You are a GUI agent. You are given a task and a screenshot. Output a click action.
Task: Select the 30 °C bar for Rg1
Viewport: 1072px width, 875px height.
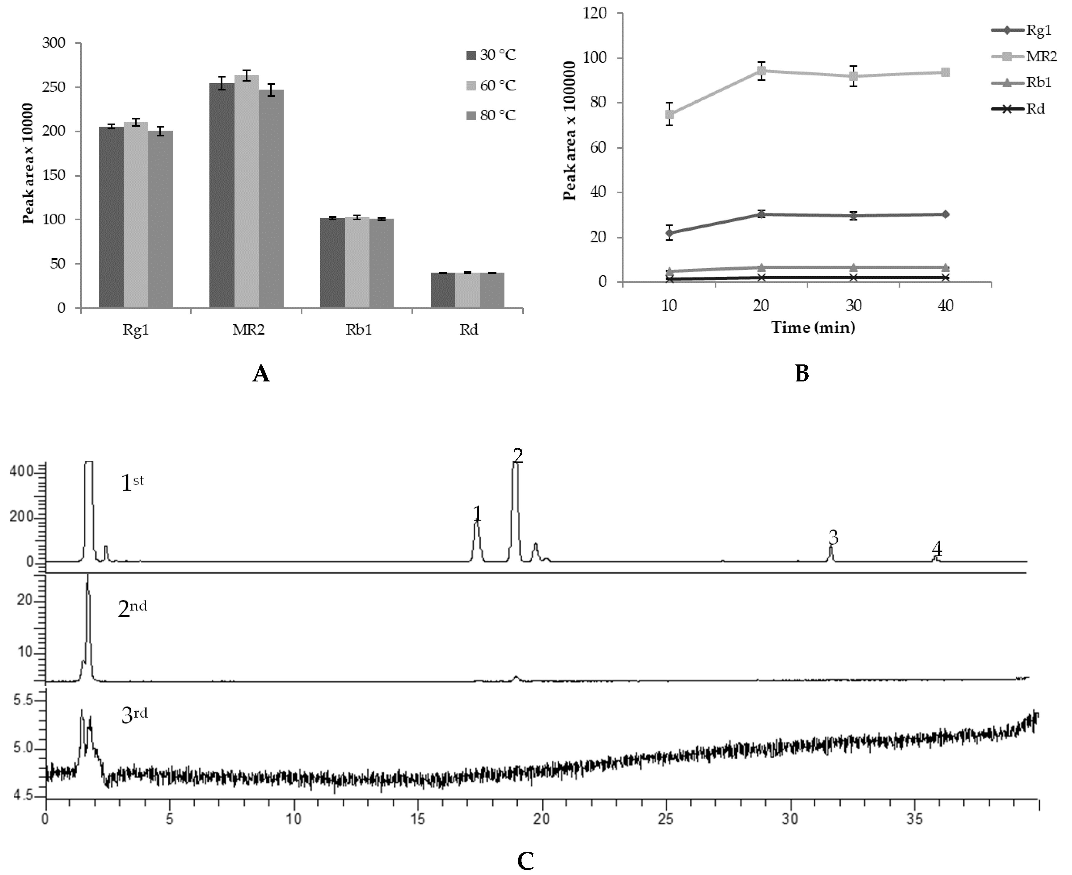click(111, 217)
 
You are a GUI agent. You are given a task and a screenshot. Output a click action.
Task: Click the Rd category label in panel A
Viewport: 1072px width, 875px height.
click(468, 330)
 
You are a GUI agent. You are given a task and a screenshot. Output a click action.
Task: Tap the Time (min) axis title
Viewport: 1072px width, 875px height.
click(813, 328)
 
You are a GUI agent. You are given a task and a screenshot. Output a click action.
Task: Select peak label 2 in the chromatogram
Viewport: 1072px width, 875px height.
click(518, 456)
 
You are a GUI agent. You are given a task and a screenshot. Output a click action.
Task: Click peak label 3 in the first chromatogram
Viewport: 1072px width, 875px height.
click(834, 537)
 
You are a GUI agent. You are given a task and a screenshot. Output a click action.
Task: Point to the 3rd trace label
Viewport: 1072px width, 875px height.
click(134, 715)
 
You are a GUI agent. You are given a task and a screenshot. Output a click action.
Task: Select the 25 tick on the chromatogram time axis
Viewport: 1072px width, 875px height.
click(666, 819)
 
